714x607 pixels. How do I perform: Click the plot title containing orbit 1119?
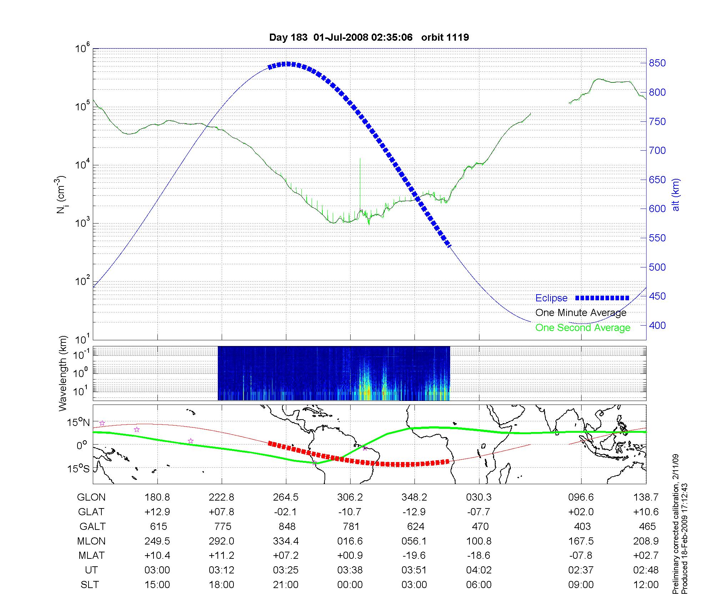pyautogui.click(x=369, y=37)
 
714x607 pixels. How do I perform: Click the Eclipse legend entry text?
pyautogui.click(x=551, y=298)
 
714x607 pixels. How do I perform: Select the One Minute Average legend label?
pyautogui.click(x=581, y=313)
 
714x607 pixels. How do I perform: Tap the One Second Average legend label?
pyautogui.click(x=583, y=328)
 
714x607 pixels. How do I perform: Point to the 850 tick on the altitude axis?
pyautogui.click(x=657, y=63)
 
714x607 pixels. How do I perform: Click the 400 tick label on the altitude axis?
pyautogui.click(x=657, y=325)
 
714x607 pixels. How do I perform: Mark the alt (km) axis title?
pyautogui.click(x=676, y=195)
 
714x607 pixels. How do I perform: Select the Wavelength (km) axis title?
pyautogui.click(x=63, y=373)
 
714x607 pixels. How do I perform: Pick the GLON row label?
pyautogui.click(x=91, y=497)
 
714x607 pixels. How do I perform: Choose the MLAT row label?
pyautogui.click(x=91, y=556)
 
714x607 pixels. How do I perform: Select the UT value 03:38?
pyautogui.click(x=350, y=570)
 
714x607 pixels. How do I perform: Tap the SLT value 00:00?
pyautogui.click(x=350, y=585)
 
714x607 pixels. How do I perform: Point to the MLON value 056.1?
pyautogui.click(x=414, y=541)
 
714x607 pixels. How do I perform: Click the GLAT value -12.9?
pyautogui.click(x=414, y=512)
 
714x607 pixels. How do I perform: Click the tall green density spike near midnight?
pyautogui.click(x=360, y=179)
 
